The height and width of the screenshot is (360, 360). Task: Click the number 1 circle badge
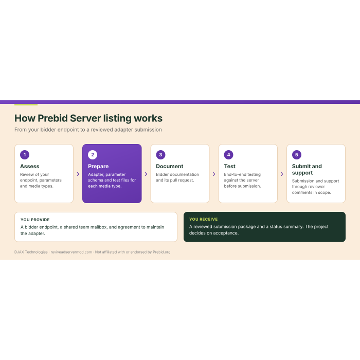point(25,155)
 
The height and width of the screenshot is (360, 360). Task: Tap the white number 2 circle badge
point(93,155)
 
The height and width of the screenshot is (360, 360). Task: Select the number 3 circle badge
point(160,155)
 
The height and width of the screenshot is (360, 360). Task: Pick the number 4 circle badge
point(229,155)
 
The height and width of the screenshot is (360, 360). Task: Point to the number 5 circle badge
point(297,155)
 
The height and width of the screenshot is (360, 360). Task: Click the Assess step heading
point(30,166)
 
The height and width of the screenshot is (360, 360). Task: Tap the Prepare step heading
point(98,167)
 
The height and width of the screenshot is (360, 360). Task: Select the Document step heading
point(170,166)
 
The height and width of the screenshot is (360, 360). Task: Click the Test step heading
point(230,166)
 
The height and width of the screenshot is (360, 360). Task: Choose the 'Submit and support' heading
point(307,169)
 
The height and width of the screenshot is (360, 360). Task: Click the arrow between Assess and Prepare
point(78,174)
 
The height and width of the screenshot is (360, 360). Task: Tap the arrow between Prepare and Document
point(146,174)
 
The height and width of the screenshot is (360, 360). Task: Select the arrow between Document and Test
point(214,174)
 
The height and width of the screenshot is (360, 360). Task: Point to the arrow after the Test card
point(282,174)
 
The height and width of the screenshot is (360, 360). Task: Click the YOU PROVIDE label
point(35,220)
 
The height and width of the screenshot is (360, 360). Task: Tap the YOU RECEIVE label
point(204,219)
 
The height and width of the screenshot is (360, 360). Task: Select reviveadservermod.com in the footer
point(71,252)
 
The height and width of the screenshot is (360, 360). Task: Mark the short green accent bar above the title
point(26,105)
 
